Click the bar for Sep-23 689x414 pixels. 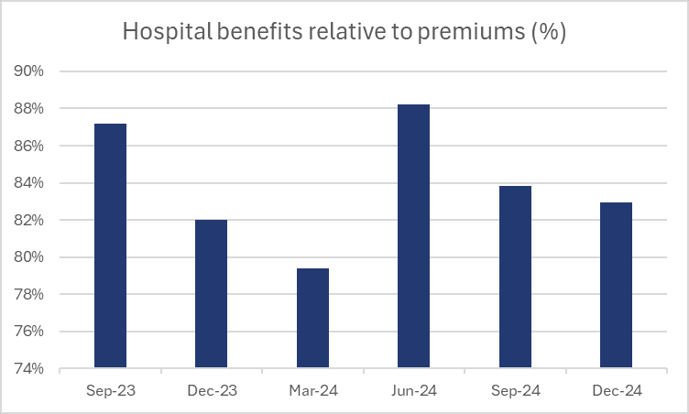[x=110, y=246]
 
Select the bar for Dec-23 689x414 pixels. [x=211, y=294]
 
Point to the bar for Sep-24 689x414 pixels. [x=515, y=278]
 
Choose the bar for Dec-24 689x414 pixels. [x=616, y=286]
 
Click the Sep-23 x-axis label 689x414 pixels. [x=110, y=391]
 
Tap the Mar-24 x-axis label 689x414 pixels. [x=312, y=391]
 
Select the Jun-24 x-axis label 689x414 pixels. [x=413, y=391]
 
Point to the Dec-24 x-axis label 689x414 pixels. [x=616, y=391]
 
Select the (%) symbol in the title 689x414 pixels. [x=548, y=32]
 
